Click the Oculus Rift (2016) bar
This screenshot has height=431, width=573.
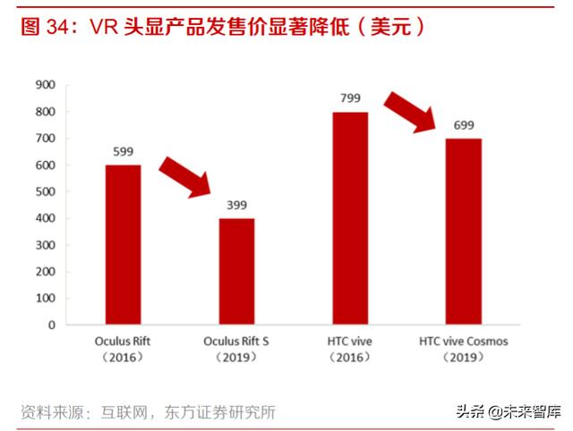click(123, 244)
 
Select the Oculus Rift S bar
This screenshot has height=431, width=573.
click(236, 271)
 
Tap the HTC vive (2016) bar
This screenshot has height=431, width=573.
click(350, 218)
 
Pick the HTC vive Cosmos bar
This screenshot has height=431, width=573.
click(463, 232)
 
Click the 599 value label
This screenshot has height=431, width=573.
click(123, 151)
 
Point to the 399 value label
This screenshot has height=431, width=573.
click(236, 205)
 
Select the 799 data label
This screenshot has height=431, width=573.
click(350, 98)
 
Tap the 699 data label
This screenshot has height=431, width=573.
click(463, 125)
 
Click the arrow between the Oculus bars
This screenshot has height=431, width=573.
click(186, 175)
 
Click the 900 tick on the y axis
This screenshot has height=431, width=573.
click(44, 85)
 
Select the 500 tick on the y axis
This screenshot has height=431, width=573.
click(44, 191)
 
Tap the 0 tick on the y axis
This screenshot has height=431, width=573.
click(51, 325)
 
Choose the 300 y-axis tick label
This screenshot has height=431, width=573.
click(44, 245)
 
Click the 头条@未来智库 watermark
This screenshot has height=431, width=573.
click(507, 412)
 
